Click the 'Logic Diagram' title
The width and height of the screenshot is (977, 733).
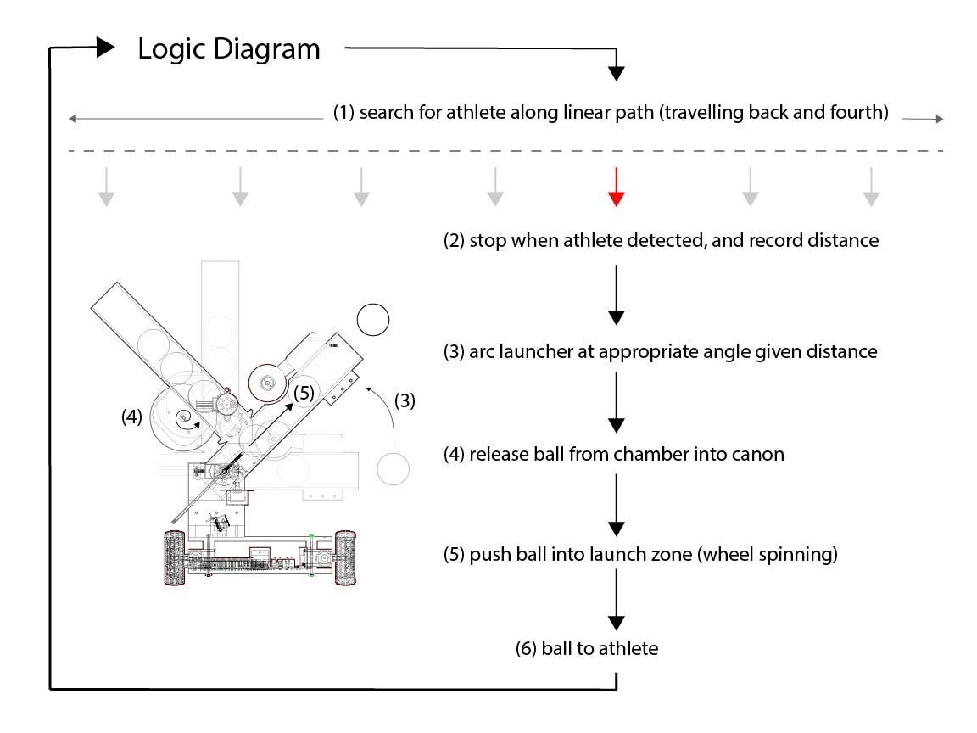coord(229,49)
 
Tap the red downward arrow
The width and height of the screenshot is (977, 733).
coord(617,187)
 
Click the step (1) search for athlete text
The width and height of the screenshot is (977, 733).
coord(611,113)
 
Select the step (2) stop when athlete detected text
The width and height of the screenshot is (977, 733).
coord(660,241)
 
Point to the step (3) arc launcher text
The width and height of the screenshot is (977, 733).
coord(660,351)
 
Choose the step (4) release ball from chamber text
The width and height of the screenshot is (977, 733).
coord(614,455)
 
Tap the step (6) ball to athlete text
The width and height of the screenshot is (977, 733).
coord(586,649)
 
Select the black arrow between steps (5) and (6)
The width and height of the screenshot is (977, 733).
coord(617,603)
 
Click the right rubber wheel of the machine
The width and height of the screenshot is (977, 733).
coord(344,557)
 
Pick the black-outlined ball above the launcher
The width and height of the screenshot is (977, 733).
coord(372,320)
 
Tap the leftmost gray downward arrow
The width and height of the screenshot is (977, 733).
coord(105,187)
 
